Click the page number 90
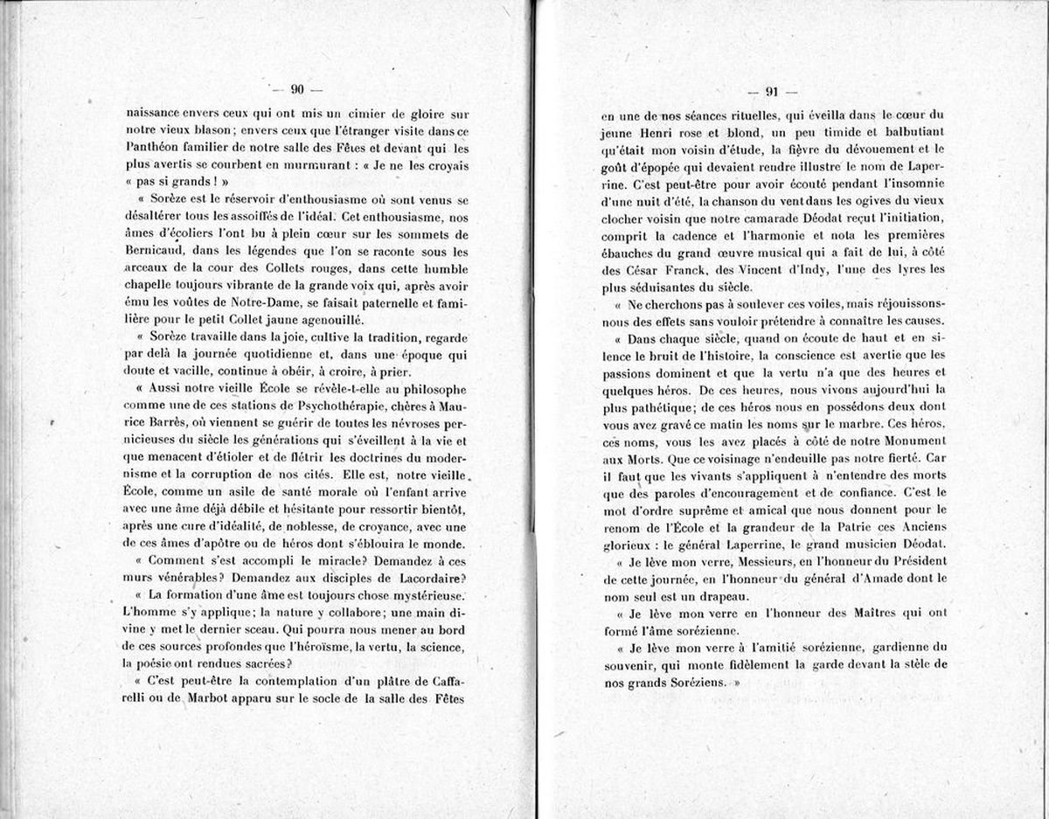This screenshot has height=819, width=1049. coord(296,89)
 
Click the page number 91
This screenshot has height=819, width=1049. coord(772,92)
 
